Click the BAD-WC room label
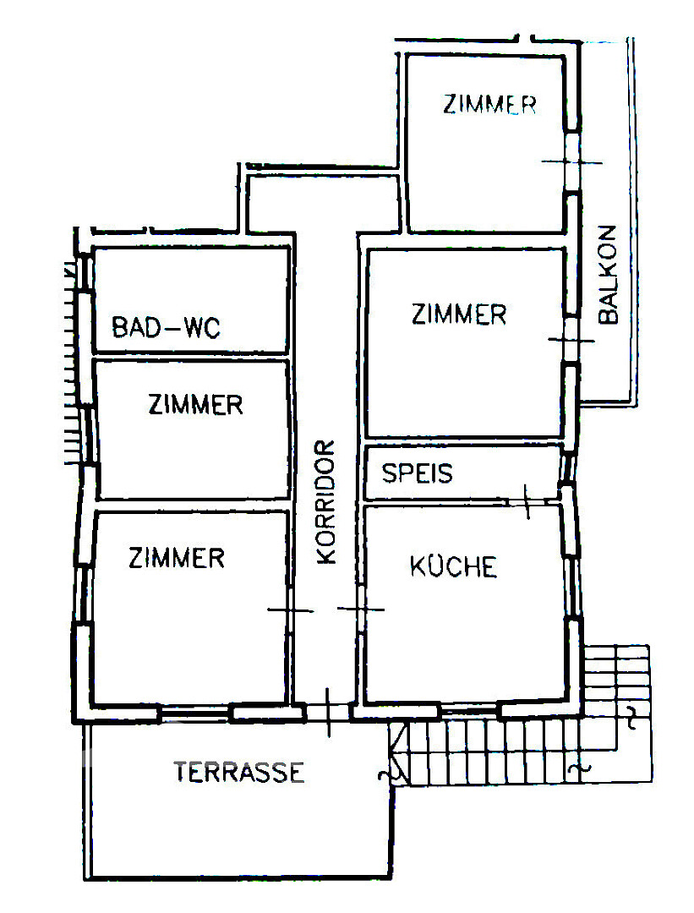(x=166, y=327)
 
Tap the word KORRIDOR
(x=326, y=502)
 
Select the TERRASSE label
(x=239, y=772)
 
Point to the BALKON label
(x=608, y=274)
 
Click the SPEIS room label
(x=418, y=473)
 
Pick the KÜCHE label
(x=454, y=566)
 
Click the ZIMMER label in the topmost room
(x=489, y=104)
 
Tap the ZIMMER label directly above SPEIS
(x=459, y=314)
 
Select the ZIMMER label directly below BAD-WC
(x=195, y=405)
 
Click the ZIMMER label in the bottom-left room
(x=177, y=558)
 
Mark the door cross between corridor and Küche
(x=361, y=610)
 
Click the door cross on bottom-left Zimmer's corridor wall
(x=290, y=610)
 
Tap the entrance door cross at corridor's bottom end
(x=328, y=712)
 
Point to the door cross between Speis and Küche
(x=527, y=501)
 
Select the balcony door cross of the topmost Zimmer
(x=571, y=161)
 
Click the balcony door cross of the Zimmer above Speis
(x=571, y=340)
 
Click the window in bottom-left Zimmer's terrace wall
(x=195, y=712)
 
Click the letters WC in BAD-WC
(x=202, y=328)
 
